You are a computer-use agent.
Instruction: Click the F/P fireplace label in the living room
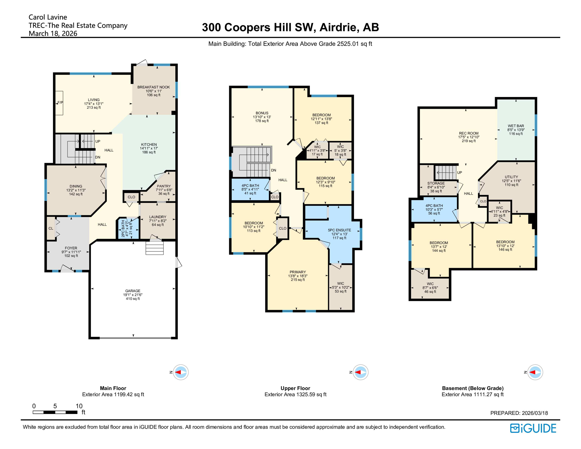[60, 103]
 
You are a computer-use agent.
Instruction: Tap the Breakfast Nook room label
[153, 87]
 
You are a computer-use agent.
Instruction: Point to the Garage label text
[133, 291]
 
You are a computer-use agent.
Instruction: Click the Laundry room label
[158, 217]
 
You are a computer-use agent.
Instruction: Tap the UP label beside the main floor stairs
[98, 141]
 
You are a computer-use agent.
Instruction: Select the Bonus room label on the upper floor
[262, 113]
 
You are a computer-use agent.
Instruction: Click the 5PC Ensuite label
[339, 230]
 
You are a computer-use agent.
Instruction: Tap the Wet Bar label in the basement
[516, 126]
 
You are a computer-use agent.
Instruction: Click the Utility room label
[511, 177]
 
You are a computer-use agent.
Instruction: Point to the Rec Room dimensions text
[469, 137]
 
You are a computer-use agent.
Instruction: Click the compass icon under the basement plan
[535, 372]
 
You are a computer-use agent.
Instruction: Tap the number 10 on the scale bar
[79, 406]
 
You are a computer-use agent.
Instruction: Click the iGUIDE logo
[533, 428]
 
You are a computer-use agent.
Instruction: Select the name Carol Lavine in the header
[48, 17]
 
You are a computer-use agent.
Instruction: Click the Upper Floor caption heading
[295, 388]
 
